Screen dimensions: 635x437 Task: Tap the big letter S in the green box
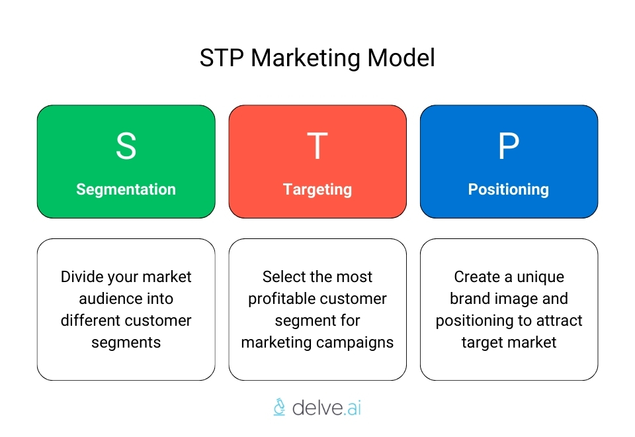pyautogui.click(x=126, y=146)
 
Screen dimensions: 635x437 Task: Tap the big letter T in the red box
pyautogui.click(x=317, y=146)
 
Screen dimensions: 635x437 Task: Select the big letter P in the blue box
pyautogui.click(x=509, y=146)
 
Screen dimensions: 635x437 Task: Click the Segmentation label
pyautogui.click(x=126, y=189)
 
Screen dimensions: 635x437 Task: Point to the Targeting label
pyautogui.click(x=317, y=189)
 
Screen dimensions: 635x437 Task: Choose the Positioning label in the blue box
pyautogui.click(x=509, y=189)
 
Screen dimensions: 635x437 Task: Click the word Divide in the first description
pyautogui.click(x=82, y=277)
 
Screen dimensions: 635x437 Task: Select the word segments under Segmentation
pyautogui.click(x=126, y=342)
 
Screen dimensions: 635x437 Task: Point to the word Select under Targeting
pyautogui.click(x=283, y=277)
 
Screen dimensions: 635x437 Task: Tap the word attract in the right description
pyautogui.click(x=560, y=320)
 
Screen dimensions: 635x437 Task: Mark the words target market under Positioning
pyautogui.click(x=509, y=342)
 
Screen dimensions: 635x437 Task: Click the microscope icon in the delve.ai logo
pyautogui.click(x=279, y=407)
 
